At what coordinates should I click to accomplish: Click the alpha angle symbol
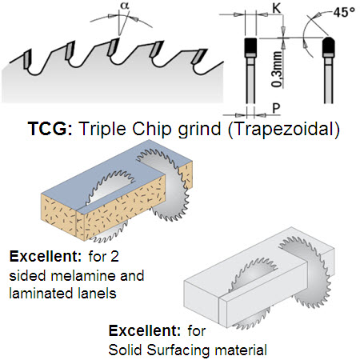click(x=125, y=6)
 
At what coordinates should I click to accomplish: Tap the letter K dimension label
click(x=277, y=8)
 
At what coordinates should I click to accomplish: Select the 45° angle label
click(x=344, y=12)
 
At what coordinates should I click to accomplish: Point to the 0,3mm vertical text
click(x=277, y=70)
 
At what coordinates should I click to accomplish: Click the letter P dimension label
click(x=276, y=108)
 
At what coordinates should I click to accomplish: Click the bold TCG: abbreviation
click(x=50, y=129)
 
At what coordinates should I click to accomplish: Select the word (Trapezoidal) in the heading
click(x=284, y=130)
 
